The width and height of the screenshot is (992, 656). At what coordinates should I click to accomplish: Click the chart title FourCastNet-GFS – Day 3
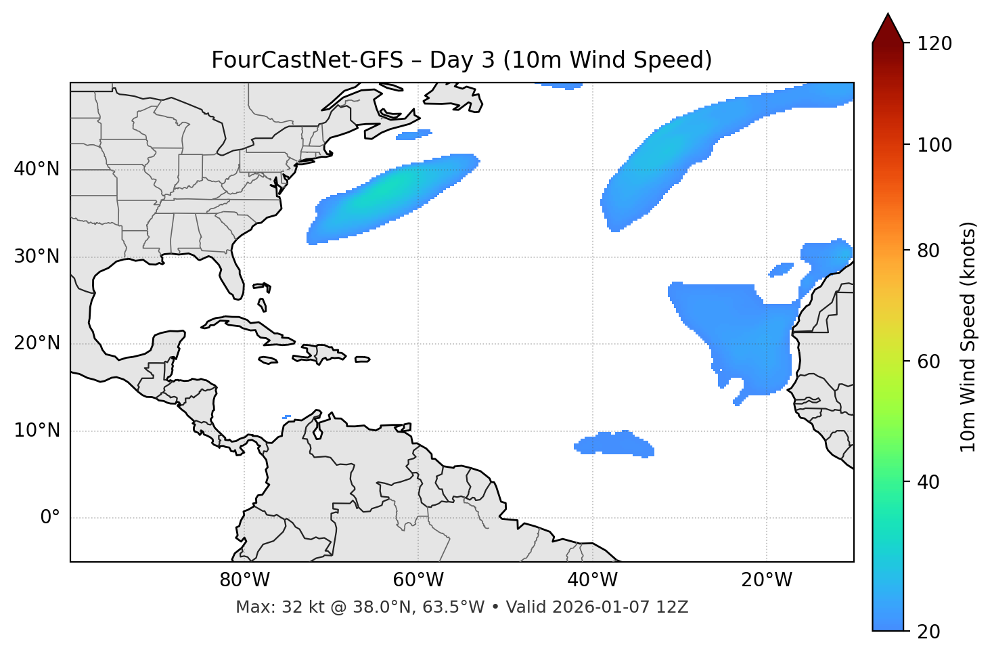pyautogui.click(x=461, y=60)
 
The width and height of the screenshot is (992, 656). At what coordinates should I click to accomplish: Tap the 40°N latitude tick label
pyautogui.click(x=37, y=169)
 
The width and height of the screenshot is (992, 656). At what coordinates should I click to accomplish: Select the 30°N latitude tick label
pyautogui.click(x=37, y=257)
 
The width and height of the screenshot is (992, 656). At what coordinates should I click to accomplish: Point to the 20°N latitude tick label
pyautogui.click(x=37, y=343)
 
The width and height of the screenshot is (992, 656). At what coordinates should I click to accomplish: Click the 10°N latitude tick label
pyautogui.click(x=37, y=431)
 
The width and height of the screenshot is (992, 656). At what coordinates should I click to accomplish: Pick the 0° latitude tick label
pyautogui.click(x=50, y=518)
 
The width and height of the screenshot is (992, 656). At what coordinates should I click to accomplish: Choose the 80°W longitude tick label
pyautogui.click(x=244, y=580)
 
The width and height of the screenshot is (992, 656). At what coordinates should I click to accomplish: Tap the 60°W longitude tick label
pyautogui.click(x=418, y=580)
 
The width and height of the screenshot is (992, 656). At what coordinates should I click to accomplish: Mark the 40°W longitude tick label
pyautogui.click(x=593, y=580)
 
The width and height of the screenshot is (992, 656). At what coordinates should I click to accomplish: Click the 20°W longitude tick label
pyautogui.click(x=767, y=580)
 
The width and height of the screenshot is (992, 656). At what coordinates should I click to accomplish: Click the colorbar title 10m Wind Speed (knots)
pyautogui.click(x=968, y=337)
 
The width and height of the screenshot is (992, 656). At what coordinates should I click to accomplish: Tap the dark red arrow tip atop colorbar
pyautogui.click(x=888, y=27)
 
